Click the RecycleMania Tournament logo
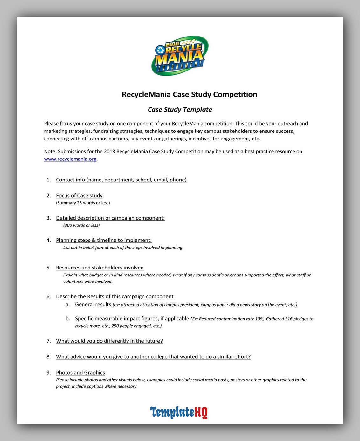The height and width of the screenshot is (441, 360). click(180, 56)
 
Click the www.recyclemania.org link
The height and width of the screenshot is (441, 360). click(70, 159)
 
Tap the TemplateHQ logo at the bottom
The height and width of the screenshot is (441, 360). click(179, 412)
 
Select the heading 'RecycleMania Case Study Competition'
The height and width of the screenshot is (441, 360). click(190, 94)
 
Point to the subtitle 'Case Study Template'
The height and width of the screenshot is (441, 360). click(180, 110)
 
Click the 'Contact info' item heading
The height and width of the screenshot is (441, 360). click(121, 180)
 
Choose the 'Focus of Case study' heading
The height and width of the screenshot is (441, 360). click(79, 196)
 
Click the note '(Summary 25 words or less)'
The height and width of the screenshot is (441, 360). click(83, 203)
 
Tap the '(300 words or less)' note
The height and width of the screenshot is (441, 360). click(81, 225)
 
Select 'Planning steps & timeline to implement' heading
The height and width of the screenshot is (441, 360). click(104, 240)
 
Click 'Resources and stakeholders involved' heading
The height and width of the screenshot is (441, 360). click(100, 268)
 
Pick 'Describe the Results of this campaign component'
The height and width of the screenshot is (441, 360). click(114, 296)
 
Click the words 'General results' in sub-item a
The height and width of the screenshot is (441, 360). click(93, 305)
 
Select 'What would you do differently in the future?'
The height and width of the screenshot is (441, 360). click(109, 341)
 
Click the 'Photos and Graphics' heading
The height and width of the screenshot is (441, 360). click(80, 373)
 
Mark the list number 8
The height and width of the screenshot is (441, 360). click(49, 357)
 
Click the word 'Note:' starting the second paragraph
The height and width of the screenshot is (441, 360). click(50, 152)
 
